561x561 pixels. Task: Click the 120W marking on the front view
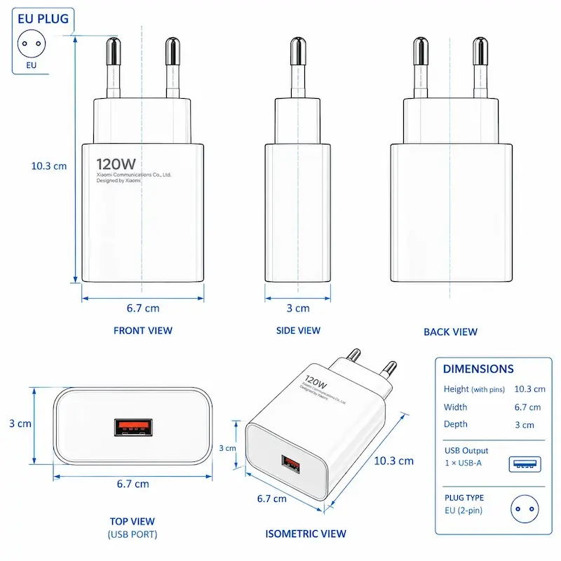[116, 164]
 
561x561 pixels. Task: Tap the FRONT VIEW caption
[143, 330]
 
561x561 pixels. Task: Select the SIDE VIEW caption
[298, 330]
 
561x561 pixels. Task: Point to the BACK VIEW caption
[450, 332]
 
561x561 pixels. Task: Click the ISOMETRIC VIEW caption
[306, 534]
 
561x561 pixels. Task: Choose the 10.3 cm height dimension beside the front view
[48, 166]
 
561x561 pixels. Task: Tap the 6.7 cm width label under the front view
[143, 308]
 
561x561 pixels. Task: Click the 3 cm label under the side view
[298, 308]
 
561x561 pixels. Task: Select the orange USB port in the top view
[133, 428]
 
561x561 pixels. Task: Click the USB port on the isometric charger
[290, 464]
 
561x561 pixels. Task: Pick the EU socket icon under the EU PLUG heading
[32, 43]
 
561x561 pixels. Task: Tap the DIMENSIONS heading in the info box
[478, 369]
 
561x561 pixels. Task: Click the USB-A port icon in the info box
[525, 464]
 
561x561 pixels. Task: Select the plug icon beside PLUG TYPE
[525, 509]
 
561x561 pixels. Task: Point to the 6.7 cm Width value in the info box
[527, 407]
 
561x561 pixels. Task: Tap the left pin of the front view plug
[113, 67]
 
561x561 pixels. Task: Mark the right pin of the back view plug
[480, 67]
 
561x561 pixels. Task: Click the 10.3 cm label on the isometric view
[393, 461]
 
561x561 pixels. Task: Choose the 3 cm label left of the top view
[20, 424]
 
